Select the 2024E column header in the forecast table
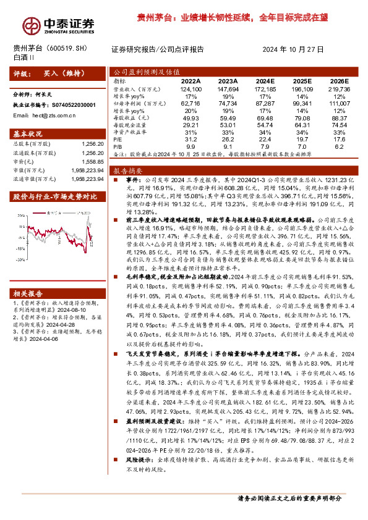point(264,80)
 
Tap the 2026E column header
point(340,80)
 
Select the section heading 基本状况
point(28,133)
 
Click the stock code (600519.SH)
point(72,48)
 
